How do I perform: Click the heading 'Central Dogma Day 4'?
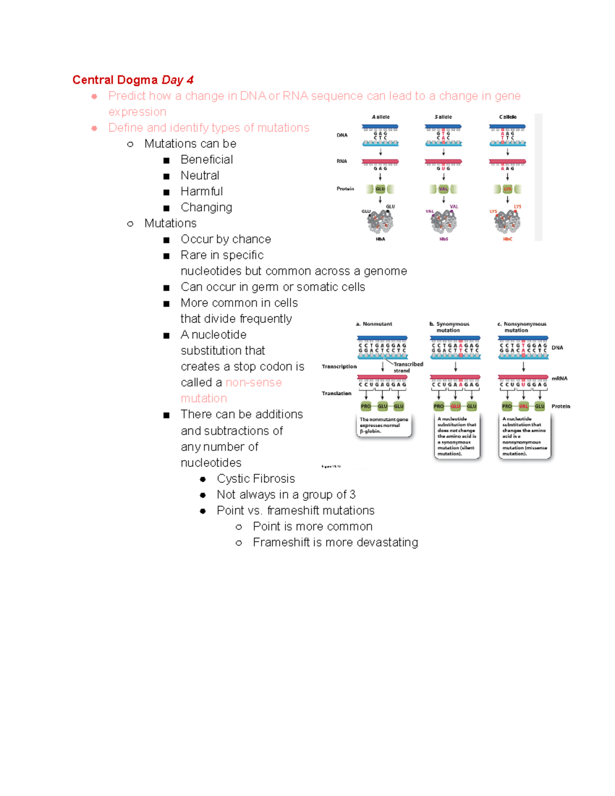(x=133, y=80)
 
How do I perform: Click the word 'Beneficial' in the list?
(x=207, y=160)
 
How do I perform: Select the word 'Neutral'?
(x=200, y=176)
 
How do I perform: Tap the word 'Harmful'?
(x=201, y=192)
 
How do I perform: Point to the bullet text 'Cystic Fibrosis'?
(x=256, y=479)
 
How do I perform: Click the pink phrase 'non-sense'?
(x=254, y=383)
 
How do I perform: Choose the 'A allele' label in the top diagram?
(x=380, y=117)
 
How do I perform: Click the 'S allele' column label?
(x=443, y=117)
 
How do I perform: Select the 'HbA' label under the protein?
(x=380, y=239)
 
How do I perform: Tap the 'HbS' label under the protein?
(x=444, y=239)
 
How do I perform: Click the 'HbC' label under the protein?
(x=507, y=239)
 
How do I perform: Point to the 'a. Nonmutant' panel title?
(x=374, y=324)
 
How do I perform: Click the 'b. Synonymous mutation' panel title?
(x=449, y=327)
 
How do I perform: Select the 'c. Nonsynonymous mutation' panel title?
(x=522, y=327)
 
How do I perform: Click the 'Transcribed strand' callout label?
(x=408, y=367)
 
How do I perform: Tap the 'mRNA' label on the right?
(x=559, y=379)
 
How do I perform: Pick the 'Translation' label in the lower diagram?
(x=336, y=394)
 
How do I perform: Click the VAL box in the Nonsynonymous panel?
(x=523, y=406)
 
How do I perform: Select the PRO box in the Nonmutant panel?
(x=365, y=406)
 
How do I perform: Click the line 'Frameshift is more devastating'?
(x=335, y=543)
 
